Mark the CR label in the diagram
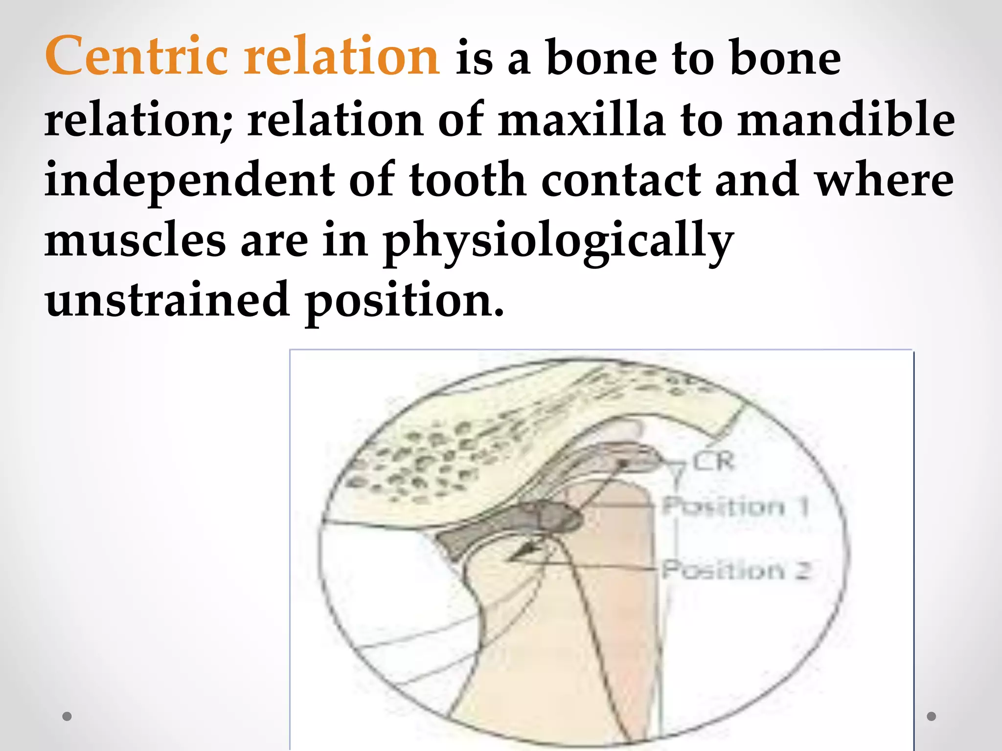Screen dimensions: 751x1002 click(x=713, y=461)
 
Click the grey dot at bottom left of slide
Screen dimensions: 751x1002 click(x=68, y=716)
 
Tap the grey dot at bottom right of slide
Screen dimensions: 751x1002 click(x=932, y=716)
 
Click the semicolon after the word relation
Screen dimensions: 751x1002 click(x=226, y=128)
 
